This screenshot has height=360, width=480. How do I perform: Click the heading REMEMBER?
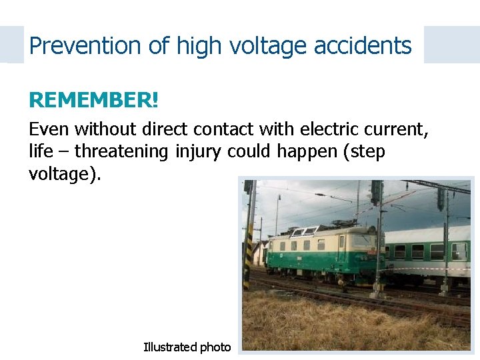[93, 100]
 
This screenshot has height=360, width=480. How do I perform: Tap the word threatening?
[121, 151]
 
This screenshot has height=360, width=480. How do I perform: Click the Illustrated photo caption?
[187, 347]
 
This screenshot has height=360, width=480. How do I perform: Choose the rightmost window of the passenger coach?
[459, 251]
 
